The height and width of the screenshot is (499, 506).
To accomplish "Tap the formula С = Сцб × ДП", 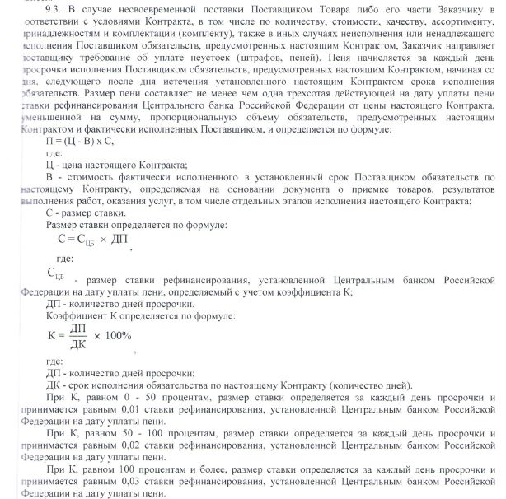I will [91, 240].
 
